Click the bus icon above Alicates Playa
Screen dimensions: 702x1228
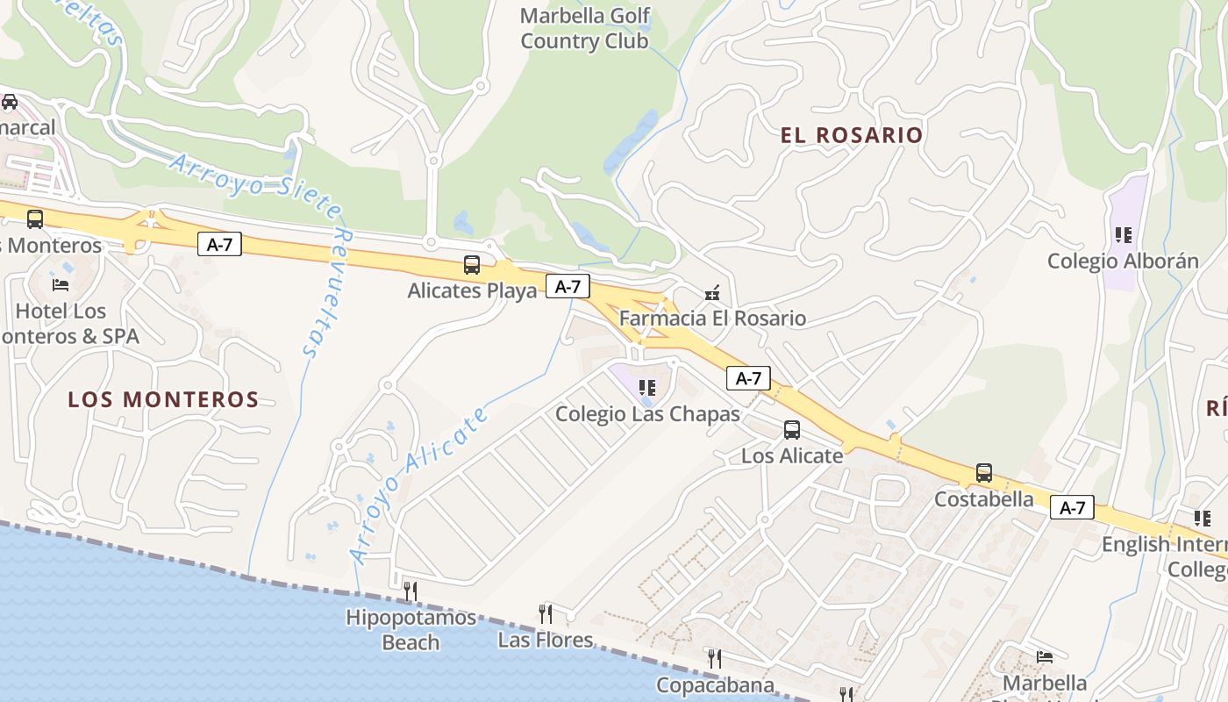pyautogui.click(x=472, y=265)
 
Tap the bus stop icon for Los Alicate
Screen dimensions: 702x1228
pyautogui.click(x=792, y=430)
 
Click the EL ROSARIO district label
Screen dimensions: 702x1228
pyautogui.click(x=852, y=135)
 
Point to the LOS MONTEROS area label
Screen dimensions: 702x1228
pyautogui.click(x=163, y=400)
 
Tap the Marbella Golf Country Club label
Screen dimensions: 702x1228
pyautogui.click(x=585, y=28)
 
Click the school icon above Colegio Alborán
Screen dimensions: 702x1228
pyautogui.click(x=1124, y=235)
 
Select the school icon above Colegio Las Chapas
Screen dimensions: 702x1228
pyautogui.click(x=647, y=388)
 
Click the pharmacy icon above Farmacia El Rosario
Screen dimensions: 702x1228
pyautogui.click(x=712, y=293)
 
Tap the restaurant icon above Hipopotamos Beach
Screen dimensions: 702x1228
pyautogui.click(x=410, y=591)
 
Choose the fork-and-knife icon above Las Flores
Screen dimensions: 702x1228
pyautogui.click(x=545, y=613)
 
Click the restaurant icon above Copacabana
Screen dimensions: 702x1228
pyautogui.click(x=715, y=658)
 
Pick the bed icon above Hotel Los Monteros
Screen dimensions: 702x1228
pyautogui.click(x=61, y=285)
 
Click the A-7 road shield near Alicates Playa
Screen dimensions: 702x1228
pyautogui.click(x=568, y=286)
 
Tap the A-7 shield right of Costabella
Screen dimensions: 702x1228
pyautogui.click(x=1072, y=507)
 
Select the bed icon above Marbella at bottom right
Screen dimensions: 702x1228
pyautogui.click(x=1044, y=656)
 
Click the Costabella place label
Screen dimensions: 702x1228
pyautogui.click(x=984, y=499)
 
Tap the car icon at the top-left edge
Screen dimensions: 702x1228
pyautogui.click(x=10, y=102)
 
